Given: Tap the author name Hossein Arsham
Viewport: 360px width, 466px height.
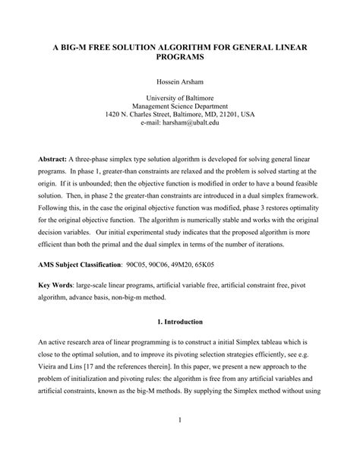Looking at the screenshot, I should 180,81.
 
